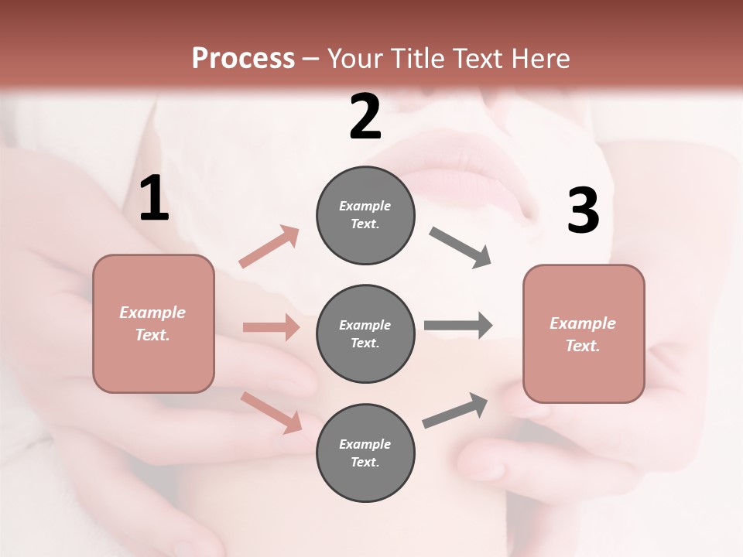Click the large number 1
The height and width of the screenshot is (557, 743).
[154, 198]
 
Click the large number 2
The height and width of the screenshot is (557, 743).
[365, 117]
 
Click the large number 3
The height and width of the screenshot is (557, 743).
[583, 211]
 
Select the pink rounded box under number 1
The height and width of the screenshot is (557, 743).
[153, 323]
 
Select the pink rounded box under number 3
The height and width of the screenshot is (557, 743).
[584, 333]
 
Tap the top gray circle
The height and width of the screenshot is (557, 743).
[365, 215]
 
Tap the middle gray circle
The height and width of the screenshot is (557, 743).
[365, 333]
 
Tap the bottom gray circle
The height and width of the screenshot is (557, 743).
[365, 453]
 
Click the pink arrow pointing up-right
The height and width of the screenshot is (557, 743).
[269, 246]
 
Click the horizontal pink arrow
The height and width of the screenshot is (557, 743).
[271, 327]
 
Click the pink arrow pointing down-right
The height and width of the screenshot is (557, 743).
[272, 412]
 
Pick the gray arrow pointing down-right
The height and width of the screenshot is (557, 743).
[461, 248]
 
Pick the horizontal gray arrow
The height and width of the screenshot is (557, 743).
[457, 325]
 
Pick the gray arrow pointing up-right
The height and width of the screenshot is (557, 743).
[455, 410]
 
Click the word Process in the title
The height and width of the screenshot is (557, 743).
[243, 58]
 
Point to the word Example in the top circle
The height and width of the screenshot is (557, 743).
[365, 206]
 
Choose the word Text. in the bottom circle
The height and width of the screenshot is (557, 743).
[365, 462]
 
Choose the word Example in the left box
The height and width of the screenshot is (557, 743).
[152, 313]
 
